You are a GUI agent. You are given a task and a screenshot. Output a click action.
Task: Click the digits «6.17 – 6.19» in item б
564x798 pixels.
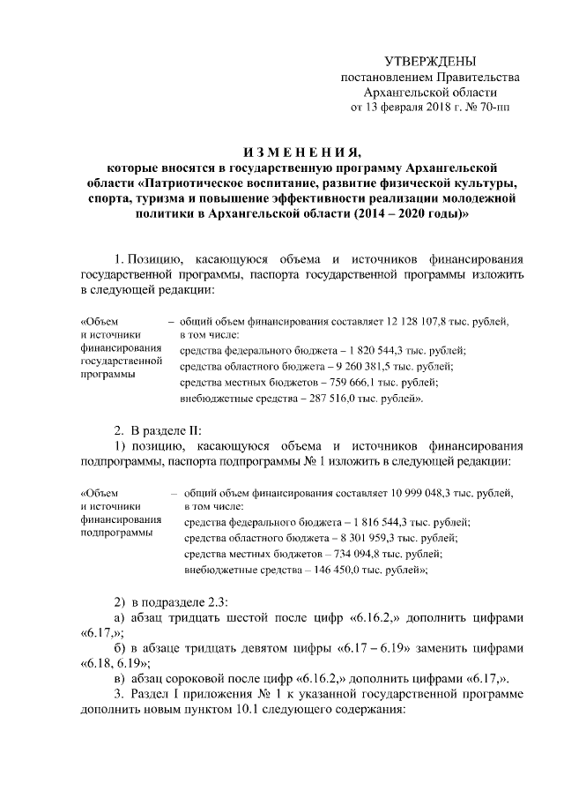375,647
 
